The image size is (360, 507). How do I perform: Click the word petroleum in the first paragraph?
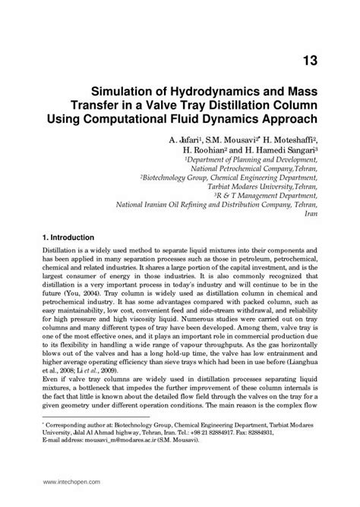click(x=238, y=260)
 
